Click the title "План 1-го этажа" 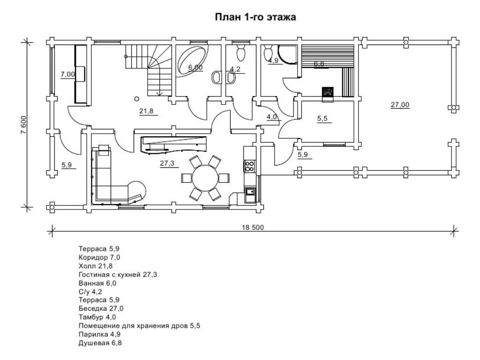click(x=255, y=17)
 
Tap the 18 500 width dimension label click(x=253, y=227)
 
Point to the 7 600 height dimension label click(x=23, y=125)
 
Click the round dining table click(x=205, y=178)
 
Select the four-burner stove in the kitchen click(x=249, y=165)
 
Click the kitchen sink click(x=250, y=192)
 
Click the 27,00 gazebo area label click(x=400, y=105)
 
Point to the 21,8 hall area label click(x=146, y=111)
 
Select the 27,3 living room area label click(x=167, y=163)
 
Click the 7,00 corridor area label click(x=67, y=74)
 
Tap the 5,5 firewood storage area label click(x=322, y=119)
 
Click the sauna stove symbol click(x=328, y=92)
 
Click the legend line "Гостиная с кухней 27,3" click(x=118, y=275)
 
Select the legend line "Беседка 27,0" click(x=101, y=308)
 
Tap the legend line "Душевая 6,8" click(x=100, y=343)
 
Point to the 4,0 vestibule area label click(x=271, y=117)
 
